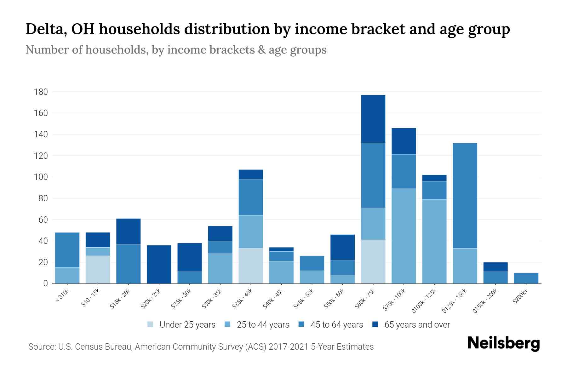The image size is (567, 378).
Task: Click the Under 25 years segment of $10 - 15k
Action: point(98,269)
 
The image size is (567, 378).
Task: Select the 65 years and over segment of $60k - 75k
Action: point(373,119)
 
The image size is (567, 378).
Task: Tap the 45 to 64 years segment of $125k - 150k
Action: point(465,195)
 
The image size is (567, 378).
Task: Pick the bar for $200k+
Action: point(526,278)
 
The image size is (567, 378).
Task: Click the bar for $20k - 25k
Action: point(159,264)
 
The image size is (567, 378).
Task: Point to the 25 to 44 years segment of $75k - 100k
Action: point(404,236)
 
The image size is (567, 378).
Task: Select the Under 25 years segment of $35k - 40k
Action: point(251,266)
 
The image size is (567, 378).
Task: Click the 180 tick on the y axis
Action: point(41,92)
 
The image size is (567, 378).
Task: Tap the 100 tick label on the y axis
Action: point(41,177)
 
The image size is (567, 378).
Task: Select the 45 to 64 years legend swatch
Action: point(301,324)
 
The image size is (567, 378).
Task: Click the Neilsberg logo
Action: point(503,343)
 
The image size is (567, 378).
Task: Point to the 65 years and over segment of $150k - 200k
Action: point(495,267)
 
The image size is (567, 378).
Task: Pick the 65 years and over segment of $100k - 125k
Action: point(434,178)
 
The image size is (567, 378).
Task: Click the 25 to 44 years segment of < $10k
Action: point(67,275)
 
